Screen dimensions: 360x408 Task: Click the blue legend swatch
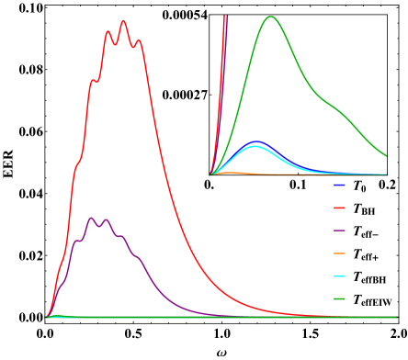(x=339, y=185)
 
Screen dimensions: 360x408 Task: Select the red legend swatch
(x=339, y=208)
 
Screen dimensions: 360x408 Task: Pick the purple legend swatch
(x=339, y=231)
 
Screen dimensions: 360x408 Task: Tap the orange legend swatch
(x=339, y=253)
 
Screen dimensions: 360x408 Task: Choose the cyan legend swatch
(x=339, y=276)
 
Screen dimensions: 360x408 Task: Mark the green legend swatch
(x=339, y=298)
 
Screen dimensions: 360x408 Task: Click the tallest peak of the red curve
(x=123, y=21)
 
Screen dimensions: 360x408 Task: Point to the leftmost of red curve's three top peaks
(x=108, y=32)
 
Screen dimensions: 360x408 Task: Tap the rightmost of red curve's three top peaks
(x=139, y=40)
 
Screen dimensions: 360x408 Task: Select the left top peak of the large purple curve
(x=91, y=218)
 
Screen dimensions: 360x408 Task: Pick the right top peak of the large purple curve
(x=106, y=219)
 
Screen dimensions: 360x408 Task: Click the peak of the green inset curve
(x=270, y=17)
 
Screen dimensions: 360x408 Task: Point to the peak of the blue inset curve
(x=256, y=142)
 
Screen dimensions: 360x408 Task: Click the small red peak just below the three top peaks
(x=93, y=81)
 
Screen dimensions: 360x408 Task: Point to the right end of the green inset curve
(x=386, y=156)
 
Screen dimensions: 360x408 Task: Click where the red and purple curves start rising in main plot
(x=47, y=317)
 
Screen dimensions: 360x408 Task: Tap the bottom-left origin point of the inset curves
(x=210, y=174)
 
